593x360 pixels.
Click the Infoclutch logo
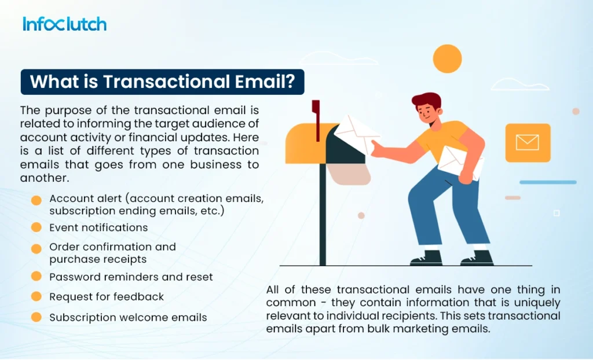click(64, 24)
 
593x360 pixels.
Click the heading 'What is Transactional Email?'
click(162, 82)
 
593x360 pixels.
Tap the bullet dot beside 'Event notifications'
click(36, 227)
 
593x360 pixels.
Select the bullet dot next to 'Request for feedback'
click(36, 296)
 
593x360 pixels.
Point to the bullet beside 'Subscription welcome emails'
click(36, 317)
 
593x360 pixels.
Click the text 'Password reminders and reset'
click(131, 277)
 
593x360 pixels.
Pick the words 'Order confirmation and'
click(112, 247)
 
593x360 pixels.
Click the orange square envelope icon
click(528, 142)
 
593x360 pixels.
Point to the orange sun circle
click(447, 58)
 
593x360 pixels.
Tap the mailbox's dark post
click(323, 226)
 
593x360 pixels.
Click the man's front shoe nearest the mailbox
click(426, 258)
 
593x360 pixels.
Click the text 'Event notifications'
click(98, 227)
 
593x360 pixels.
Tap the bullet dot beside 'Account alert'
click(36, 200)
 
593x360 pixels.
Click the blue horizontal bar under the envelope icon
click(547, 182)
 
